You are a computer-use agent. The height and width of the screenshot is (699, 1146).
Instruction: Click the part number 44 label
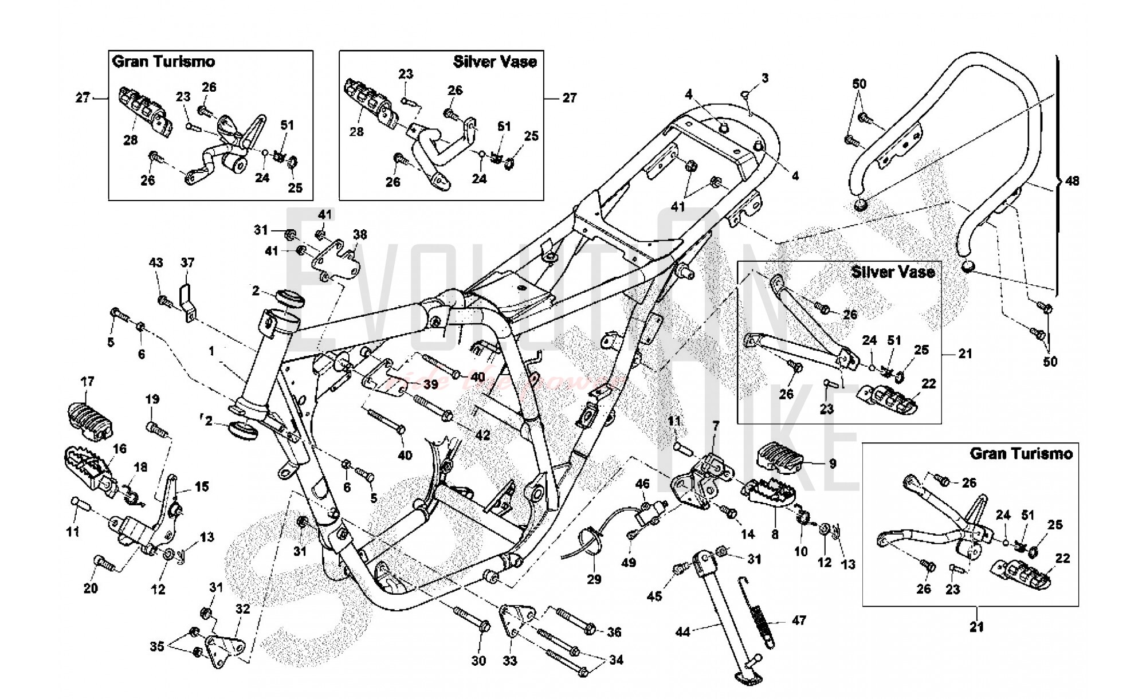click(682, 632)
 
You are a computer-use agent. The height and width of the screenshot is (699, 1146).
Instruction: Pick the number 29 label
click(594, 579)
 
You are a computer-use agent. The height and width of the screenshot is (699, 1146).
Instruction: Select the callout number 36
click(614, 632)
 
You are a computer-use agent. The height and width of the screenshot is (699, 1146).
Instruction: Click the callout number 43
click(156, 263)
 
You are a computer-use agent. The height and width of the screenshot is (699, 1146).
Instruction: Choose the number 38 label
click(360, 234)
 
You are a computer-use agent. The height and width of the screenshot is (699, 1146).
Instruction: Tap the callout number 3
click(765, 78)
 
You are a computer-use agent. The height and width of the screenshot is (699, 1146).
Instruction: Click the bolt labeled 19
click(157, 427)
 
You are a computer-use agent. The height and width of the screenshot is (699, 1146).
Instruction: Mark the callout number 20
click(91, 588)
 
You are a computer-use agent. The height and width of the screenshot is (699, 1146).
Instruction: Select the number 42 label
click(482, 435)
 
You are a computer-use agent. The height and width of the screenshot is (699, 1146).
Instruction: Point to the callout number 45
click(654, 596)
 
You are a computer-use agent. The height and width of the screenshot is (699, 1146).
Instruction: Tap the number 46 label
click(642, 484)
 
